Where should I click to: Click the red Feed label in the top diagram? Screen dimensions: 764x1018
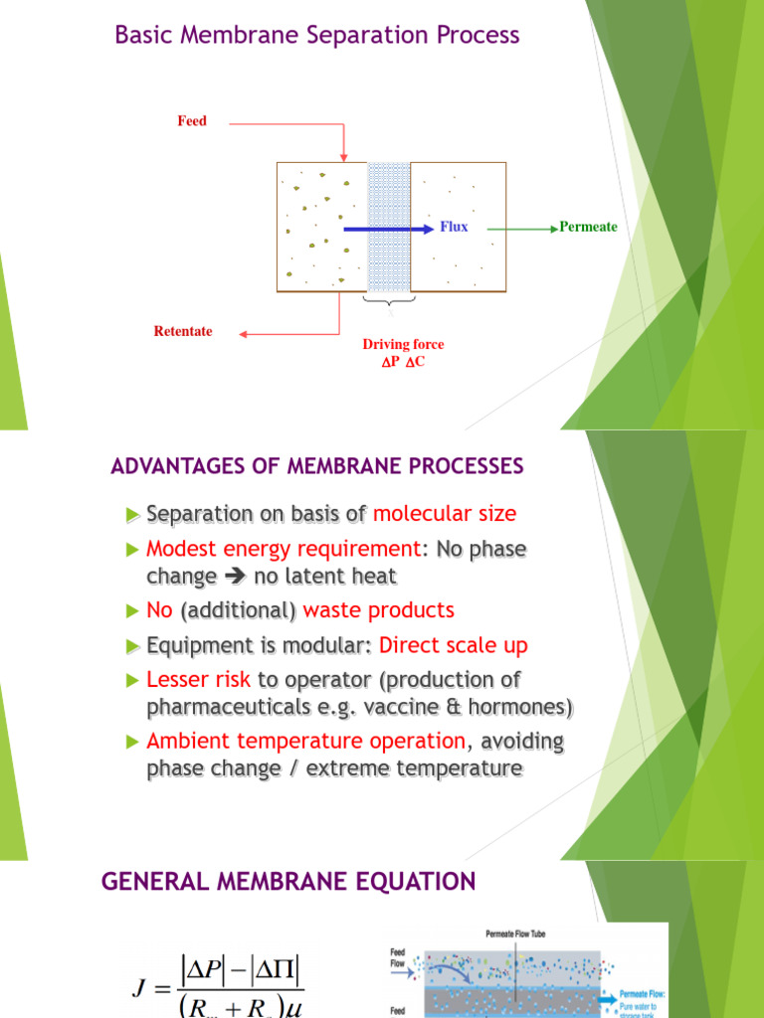click(192, 121)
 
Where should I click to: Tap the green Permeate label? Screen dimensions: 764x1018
click(588, 227)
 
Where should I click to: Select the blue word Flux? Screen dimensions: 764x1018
click(454, 227)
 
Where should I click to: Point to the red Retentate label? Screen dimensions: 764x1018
click(183, 331)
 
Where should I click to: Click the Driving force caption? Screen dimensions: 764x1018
click(403, 344)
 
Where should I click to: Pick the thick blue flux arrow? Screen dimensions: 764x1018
click(388, 228)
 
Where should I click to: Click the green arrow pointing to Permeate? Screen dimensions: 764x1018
click(522, 228)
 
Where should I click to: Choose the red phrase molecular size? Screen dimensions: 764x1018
click(445, 514)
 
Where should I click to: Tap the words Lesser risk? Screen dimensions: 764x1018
click(199, 680)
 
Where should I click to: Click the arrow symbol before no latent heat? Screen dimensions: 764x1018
click(235, 577)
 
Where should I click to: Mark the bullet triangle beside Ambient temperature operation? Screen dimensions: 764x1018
click(134, 742)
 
